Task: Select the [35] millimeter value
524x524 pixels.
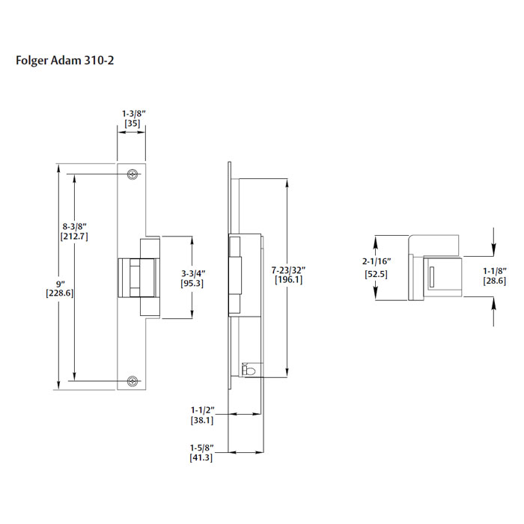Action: click(x=132, y=124)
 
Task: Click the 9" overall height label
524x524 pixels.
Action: click(x=59, y=283)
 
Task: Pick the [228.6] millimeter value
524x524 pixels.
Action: click(x=59, y=293)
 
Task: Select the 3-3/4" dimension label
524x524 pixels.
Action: click(x=193, y=273)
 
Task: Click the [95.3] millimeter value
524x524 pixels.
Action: click(x=193, y=284)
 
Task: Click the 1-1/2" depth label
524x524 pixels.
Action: click(x=202, y=410)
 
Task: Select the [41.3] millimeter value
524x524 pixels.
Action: click(x=201, y=457)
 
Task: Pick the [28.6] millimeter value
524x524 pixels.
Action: click(x=494, y=281)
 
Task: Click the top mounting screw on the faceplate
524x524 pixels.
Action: click(x=132, y=174)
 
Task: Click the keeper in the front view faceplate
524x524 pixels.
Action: click(x=135, y=277)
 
